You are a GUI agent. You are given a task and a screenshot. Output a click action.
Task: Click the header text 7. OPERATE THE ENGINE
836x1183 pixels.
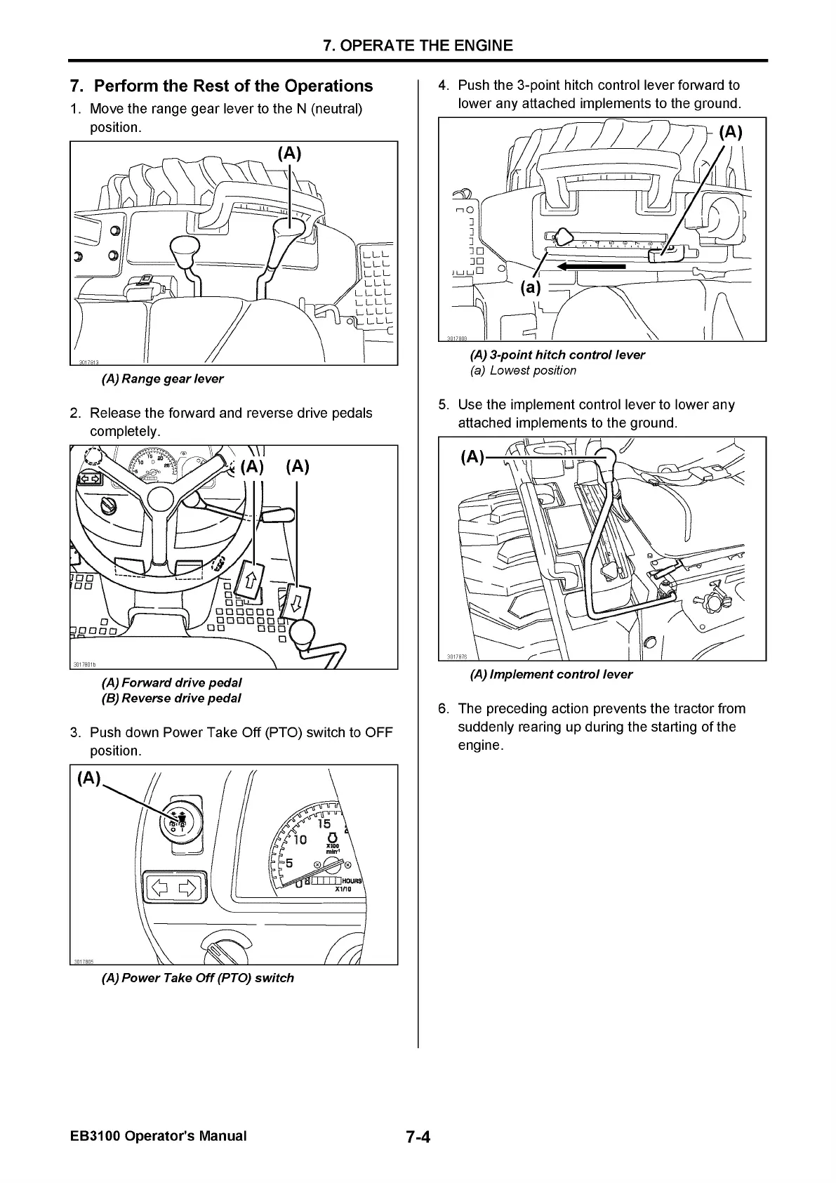point(418,46)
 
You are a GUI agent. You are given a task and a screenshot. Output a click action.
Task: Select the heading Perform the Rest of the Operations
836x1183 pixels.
point(222,86)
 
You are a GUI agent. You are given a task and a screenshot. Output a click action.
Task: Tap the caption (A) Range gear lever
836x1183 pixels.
point(163,378)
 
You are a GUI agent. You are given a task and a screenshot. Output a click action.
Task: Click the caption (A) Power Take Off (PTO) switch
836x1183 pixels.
point(198,977)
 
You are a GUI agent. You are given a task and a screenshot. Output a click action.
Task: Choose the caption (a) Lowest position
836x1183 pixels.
point(523,370)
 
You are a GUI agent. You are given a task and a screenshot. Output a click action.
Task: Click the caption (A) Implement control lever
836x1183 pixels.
point(551,674)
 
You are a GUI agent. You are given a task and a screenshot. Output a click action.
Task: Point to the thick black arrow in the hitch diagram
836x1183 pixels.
point(591,267)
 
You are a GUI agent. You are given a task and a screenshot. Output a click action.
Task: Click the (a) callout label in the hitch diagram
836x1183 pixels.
point(531,287)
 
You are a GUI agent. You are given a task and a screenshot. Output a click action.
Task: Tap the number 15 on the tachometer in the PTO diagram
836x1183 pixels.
point(324,824)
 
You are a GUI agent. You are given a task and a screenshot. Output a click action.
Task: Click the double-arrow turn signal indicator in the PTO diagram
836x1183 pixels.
point(173,889)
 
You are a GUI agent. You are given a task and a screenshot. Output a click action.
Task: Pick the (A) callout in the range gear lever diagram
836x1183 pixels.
point(289,154)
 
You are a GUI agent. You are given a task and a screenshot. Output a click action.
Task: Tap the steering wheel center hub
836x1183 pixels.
point(160,498)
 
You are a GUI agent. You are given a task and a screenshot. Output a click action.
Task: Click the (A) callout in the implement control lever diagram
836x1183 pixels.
point(472,457)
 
